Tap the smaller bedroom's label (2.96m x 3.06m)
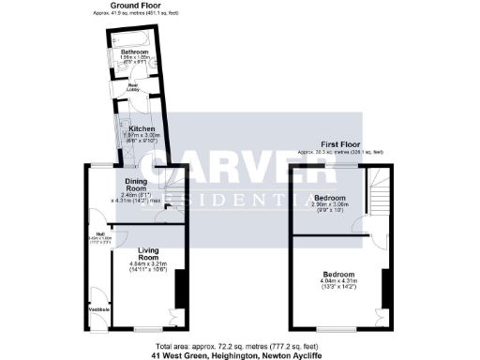(329, 199)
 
